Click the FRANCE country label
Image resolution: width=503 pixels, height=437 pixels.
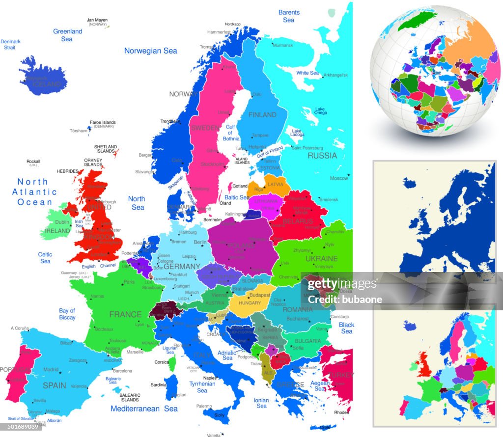click(125, 314)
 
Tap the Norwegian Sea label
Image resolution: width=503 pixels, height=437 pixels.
click(150, 51)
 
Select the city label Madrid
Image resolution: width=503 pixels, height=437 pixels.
click(51, 369)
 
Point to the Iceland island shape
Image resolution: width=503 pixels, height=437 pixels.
click(43, 78)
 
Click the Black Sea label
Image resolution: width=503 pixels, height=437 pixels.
click(346, 328)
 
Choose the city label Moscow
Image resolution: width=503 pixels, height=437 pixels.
click(338, 178)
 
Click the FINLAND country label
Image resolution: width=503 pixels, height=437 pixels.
click(262, 115)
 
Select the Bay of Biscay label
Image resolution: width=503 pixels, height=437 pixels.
click(67, 314)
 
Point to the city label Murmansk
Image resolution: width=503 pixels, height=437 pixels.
click(282, 45)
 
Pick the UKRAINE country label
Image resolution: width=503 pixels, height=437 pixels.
click(321, 258)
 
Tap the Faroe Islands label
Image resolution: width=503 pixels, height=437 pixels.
click(102, 122)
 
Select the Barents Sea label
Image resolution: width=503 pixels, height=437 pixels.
click(289, 16)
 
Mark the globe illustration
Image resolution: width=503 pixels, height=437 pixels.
click(435, 71)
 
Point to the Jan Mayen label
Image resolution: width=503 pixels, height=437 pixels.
click(97, 20)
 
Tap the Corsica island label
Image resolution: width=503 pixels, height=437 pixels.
click(162, 362)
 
